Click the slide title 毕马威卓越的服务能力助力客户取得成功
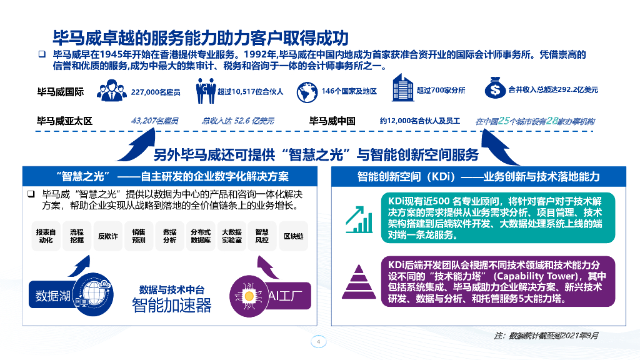coord(200,36)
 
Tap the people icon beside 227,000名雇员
coord(112,91)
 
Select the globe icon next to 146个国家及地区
coord(306,91)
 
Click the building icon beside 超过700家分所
coord(402,88)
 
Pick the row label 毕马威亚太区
coord(65,121)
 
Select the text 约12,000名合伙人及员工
coord(419,121)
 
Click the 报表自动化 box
coord(46,236)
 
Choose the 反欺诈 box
coord(107,236)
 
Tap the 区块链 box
coord(293,236)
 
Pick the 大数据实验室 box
coord(231,236)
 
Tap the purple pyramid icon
coord(358,280)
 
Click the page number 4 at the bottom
coord(319,342)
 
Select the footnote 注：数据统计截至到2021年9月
coord(546,335)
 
